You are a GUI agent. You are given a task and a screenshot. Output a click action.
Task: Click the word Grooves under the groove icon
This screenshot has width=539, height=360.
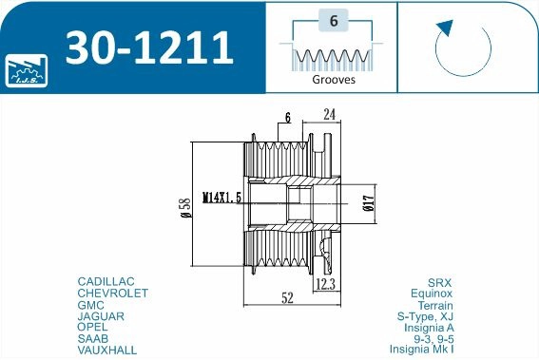coord(333,81)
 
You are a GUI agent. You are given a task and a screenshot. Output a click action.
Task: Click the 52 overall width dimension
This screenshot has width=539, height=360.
coord(286,297)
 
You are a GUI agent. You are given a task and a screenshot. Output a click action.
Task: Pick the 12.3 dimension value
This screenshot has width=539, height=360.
coord(326,283)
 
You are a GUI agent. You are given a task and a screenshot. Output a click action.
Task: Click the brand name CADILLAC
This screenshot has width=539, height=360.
coord(106,282)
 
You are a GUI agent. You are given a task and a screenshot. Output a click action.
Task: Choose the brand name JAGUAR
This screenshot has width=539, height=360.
coord(100,316)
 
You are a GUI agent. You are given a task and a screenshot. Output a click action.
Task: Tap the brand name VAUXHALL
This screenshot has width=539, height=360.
coord(106,351)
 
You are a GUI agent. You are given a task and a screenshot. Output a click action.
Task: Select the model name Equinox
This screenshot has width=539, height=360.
coord(429,294)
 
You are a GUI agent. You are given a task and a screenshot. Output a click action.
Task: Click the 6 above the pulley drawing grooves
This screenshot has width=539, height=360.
coord(286,119)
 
